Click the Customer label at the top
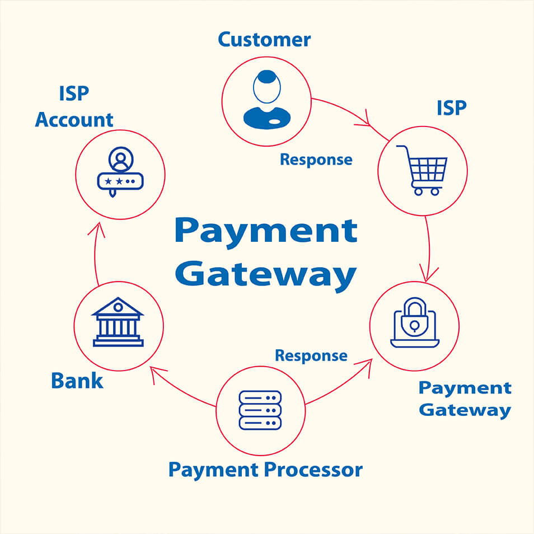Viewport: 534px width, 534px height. pyautogui.click(x=264, y=40)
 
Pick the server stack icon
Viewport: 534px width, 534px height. pyautogui.click(x=260, y=410)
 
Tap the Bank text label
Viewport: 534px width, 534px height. pyautogui.click(x=77, y=381)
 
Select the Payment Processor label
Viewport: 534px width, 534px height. pyautogui.click(x=265, y=470)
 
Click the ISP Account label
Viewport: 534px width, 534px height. pyautogui.click(x=74, y=107)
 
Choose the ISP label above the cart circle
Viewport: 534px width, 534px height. pyautogui.click(x=452, y=108)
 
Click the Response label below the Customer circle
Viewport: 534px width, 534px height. pyautogui.click(x=316, y=160)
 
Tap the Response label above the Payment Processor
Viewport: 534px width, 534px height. pyautogui.click(x=311, y=355)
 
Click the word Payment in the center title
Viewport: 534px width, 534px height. pyautogui.click(x=266, y=230)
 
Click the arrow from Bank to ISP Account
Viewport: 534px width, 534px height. pyautogui.click(x=96, y=252)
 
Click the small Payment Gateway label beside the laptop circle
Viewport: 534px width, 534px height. pyautogui.click(x=465, y=399)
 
